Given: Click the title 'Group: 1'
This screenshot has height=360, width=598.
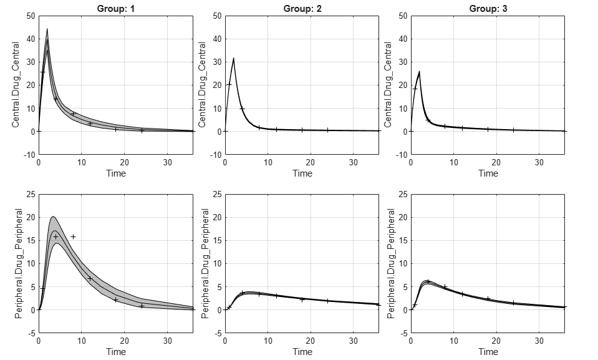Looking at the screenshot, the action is click(116, 8).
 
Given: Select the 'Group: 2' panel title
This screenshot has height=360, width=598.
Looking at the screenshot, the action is click(302, 8).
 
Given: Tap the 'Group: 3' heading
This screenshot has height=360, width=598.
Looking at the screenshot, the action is click(488, 8).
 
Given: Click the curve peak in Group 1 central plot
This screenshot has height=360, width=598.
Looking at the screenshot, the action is click(47, 29).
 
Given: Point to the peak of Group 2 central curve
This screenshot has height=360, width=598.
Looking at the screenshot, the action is click(233, 58).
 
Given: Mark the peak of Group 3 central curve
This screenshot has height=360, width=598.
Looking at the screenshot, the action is click(420, 71).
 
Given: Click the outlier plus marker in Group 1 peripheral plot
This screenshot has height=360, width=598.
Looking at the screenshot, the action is click(73, 236).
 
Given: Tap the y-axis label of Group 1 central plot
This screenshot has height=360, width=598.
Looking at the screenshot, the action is click(16, 85).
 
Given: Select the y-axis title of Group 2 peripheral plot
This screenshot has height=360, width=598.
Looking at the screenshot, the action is click(205, 263).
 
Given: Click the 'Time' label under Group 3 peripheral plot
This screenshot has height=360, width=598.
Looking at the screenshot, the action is click(488, 352).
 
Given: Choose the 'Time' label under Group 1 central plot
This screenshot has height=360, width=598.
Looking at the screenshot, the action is click(116, 173).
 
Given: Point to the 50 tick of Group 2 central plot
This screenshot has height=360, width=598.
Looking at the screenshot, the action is click(217, 16).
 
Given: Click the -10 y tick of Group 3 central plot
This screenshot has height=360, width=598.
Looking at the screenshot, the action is click(402, 155).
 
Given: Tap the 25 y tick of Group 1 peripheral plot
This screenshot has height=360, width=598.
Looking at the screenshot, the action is click(31, 195).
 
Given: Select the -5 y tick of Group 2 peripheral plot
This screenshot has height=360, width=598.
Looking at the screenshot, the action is click(218, 333).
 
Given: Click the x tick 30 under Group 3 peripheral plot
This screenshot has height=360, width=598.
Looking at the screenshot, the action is click(539, 341).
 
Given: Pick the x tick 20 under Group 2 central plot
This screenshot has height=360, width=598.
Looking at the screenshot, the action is click(311, 162).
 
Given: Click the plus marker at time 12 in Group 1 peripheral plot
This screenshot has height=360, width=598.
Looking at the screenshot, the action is click(90, 278).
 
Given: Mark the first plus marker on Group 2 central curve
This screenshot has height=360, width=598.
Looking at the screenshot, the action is click(229, 84).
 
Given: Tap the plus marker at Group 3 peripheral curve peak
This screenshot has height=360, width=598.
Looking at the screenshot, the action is click(428, 281).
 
